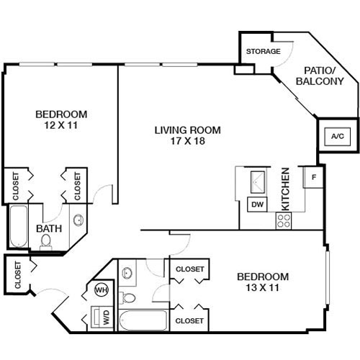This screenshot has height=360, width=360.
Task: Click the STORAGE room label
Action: tap(264, 51)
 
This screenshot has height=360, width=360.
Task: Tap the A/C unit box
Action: tap(338, 136)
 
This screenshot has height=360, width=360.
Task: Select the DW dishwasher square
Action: tap(257, 204)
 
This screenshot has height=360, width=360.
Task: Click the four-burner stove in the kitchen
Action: tap(284, 221)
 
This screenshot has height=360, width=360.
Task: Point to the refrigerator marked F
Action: tap(313, 177)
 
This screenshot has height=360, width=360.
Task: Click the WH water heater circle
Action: tap(102, 290)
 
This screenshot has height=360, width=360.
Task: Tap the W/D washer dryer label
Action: tap(107, 318)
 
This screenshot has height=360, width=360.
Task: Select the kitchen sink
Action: tap(258, 182)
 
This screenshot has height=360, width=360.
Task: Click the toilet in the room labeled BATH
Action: tap(45, 241)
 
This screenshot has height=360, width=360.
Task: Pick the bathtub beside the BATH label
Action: tap(19, 226)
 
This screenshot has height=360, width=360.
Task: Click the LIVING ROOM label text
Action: tap(187, 130)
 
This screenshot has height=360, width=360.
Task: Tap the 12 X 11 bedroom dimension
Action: tap(61, 125)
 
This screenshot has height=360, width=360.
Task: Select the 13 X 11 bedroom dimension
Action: tap(263, 287)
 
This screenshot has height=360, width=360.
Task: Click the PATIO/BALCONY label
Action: tap(320, 76)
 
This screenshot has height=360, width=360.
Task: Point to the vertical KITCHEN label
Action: tap(285, 189)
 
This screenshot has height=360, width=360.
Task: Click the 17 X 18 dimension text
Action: tap(188, 141)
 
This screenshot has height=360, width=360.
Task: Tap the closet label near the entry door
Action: tap(18, 275)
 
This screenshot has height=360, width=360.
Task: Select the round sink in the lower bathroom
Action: tap(127, 273)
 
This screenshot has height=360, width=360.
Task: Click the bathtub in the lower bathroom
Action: tap(143, 320)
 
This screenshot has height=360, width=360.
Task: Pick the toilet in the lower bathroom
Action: tap(127, 298)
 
